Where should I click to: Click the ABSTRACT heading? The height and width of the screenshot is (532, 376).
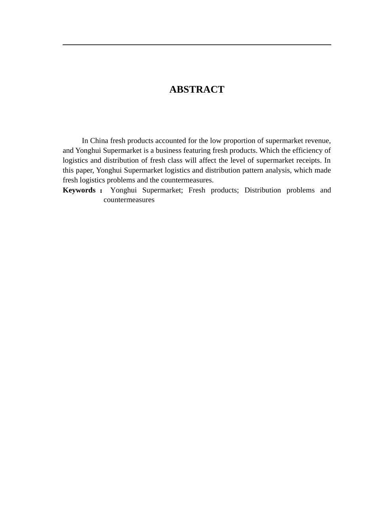(x=197, y=89)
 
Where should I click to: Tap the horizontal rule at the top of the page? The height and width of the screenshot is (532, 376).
(x=197, y=45)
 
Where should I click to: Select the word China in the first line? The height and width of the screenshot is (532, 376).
(x=99, y=141)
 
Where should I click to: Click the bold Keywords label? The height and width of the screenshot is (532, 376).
(x=79, y=190)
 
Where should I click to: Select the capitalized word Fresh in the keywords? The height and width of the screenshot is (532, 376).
(x=197, y=190)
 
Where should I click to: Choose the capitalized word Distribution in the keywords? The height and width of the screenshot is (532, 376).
(x=262, y=190)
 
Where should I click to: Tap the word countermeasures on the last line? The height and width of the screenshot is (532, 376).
(x=129, y=200)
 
